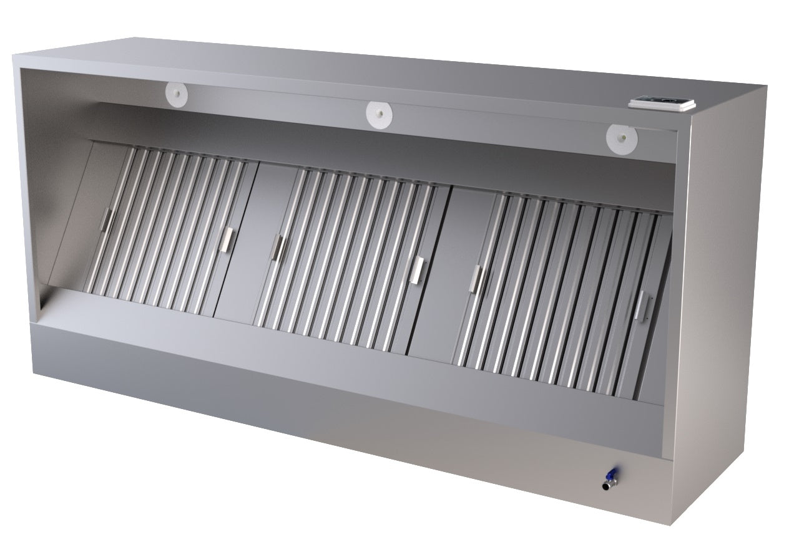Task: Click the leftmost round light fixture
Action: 177,94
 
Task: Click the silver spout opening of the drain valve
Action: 605,485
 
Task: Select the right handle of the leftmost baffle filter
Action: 228,239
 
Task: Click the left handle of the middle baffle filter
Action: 277,247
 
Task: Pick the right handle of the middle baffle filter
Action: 417,269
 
